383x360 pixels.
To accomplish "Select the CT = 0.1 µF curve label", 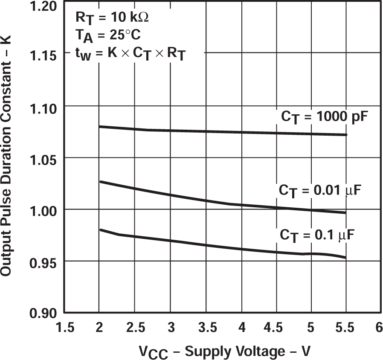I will click(x=317, y=235).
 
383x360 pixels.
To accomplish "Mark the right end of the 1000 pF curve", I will click(x=346, y=135).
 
